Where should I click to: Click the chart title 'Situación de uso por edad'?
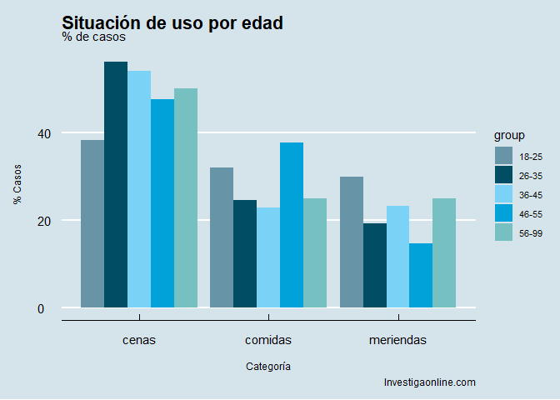click(x=172, y=23)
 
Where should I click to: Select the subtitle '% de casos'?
click(x=93, y=37)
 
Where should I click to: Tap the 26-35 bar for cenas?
click(x=116, y=184)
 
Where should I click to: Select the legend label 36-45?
click(x=531, y=196)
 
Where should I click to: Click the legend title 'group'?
click(x=508, y=135)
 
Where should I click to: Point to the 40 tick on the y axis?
click(x=43, y=133)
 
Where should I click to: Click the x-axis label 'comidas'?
click(x=268, y=340)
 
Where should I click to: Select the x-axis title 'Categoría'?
click(x=268, y=366)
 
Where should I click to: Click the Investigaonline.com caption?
click(x=429, y=382)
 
